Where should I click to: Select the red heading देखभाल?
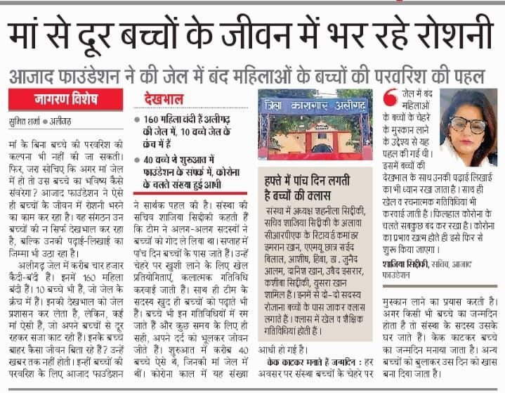click(x=164, y=99)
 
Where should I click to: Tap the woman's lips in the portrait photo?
click(x=469, y=141)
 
